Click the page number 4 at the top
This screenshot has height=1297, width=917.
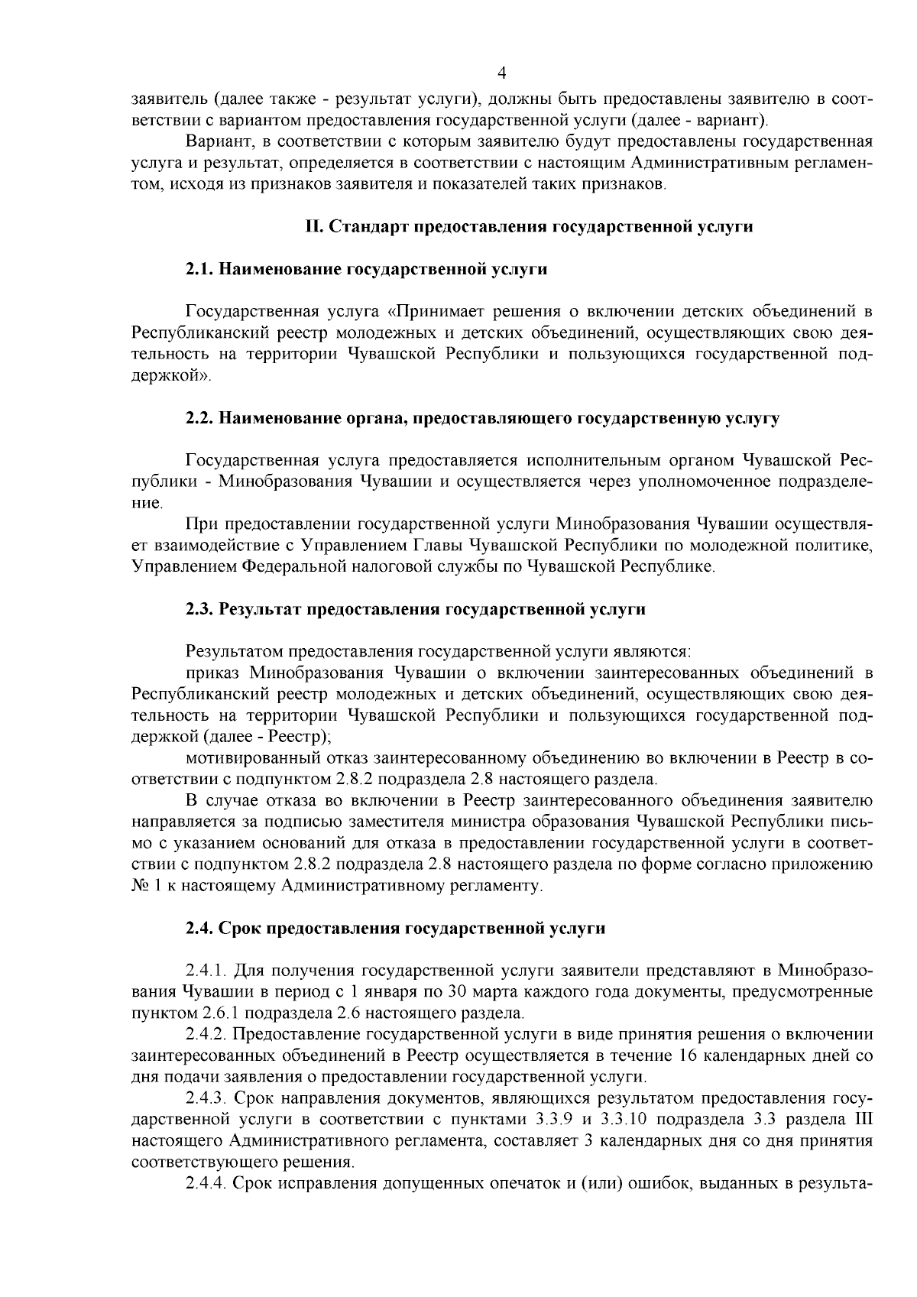[501, 73]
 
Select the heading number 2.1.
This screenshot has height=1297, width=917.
[200, 269]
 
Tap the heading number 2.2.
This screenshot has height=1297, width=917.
[200, 418]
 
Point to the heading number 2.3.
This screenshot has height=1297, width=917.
[200, 609]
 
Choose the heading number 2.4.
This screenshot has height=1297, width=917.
[200, 928]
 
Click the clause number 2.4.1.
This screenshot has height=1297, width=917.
[206, 971]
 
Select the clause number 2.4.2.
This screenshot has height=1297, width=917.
[206, 1035]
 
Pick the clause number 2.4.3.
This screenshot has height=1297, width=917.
[206, 1098]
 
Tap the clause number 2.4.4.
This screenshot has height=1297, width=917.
[206, 1184]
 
